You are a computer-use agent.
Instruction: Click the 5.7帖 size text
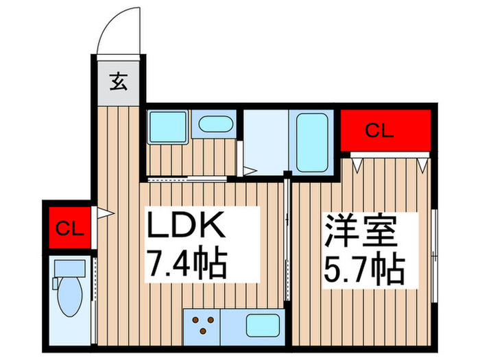click(363, 270)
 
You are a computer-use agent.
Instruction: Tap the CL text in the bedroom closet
click(379, 131)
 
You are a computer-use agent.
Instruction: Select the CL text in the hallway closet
click(69, 228)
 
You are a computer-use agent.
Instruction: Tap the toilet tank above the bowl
click(69, 268)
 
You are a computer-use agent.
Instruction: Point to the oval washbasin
click(215, 125)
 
